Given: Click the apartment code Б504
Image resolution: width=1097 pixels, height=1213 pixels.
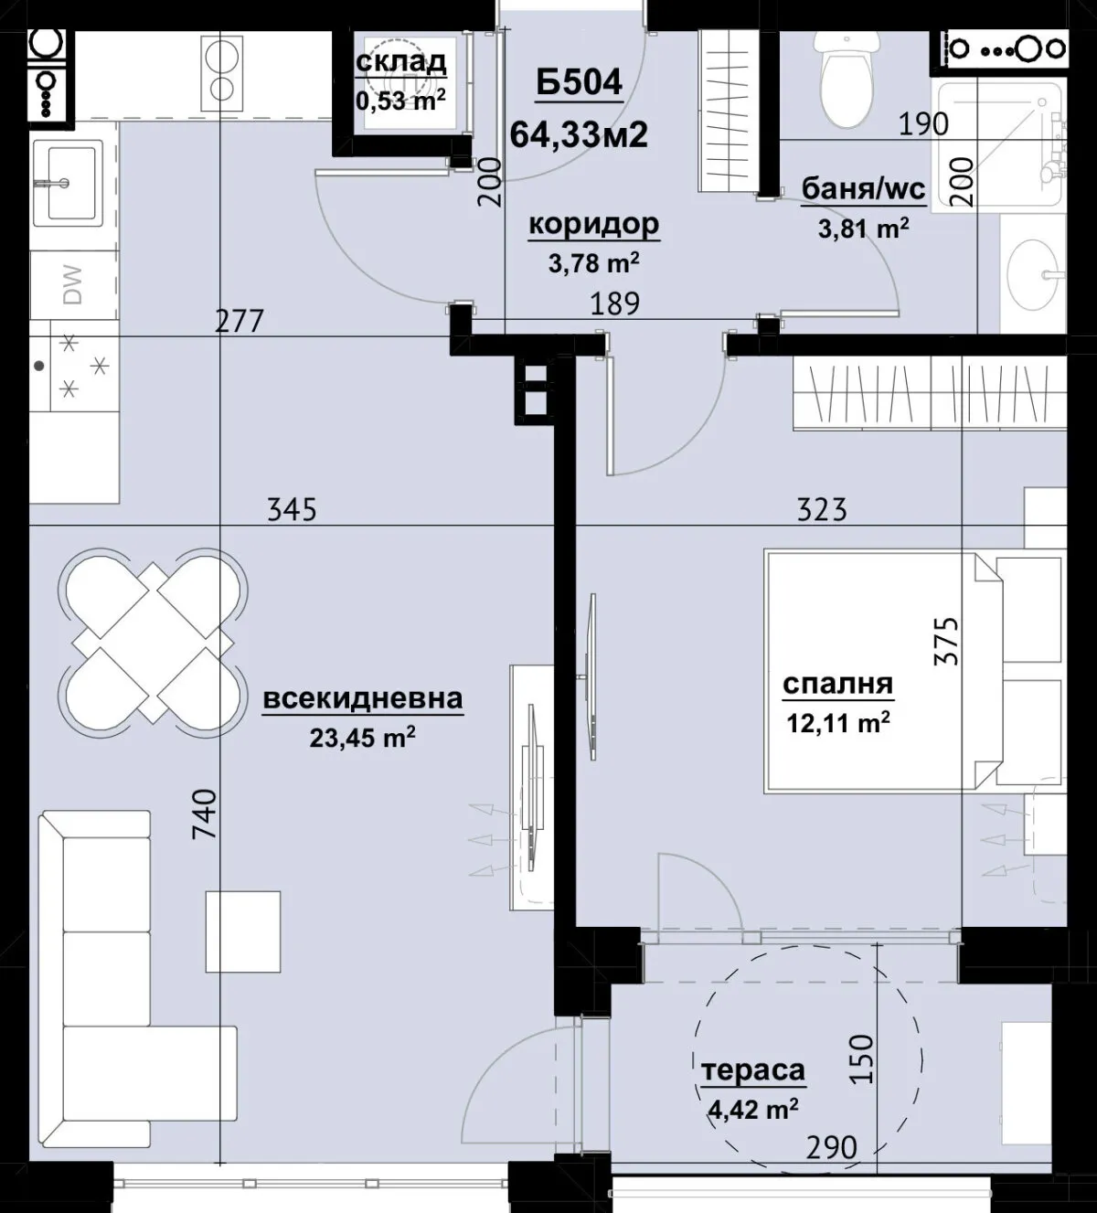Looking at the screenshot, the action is (579, 83).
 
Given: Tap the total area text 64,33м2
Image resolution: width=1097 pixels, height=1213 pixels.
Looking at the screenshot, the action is (579, 134).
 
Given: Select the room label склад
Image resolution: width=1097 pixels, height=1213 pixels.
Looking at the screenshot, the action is (401, 62).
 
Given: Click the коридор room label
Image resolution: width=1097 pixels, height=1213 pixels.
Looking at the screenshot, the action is (594, 225).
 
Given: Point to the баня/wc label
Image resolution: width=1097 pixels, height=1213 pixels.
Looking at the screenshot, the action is (864, 189).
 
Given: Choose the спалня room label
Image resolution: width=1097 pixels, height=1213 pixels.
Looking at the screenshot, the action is (837, 684).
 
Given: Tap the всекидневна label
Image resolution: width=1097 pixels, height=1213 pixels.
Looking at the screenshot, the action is (363, 699).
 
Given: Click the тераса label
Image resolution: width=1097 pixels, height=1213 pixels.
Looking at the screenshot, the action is (753, 1053).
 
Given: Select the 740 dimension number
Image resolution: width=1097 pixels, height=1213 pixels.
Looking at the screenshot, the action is (205, 814).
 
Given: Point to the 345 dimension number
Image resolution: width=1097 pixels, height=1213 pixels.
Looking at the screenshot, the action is (292, 510).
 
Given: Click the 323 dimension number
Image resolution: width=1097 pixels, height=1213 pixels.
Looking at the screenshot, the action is (822, 510).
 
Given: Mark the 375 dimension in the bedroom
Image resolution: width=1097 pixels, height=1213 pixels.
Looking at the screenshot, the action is (947, 641).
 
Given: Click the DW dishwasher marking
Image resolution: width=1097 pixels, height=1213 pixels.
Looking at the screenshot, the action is (72, 285).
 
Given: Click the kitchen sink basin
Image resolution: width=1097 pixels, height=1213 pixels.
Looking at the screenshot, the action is (68, 182).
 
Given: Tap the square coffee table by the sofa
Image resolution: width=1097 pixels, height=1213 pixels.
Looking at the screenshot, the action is (243, 931).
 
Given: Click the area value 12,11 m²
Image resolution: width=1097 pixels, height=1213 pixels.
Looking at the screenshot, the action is (838, 721).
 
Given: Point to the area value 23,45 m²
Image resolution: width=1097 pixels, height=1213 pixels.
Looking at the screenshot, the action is (362, 737).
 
